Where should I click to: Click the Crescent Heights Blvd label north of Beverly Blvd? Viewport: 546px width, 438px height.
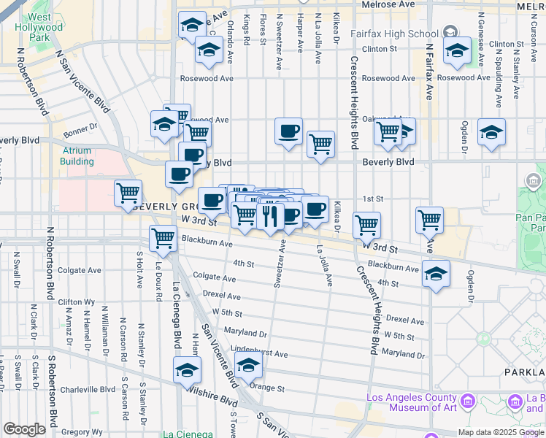(x=354, y=102)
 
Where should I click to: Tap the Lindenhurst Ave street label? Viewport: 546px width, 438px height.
(x=260, y=354)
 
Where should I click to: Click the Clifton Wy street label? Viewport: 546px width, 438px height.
(x=76, y=301)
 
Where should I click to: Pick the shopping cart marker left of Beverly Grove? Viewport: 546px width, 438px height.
(x=128, y=193)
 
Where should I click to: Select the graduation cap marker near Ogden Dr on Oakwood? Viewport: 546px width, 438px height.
(x=492, y=133)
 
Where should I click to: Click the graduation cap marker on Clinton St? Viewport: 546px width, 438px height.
(x=458, y=51)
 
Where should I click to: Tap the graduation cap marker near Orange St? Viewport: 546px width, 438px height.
(x=248, y=364)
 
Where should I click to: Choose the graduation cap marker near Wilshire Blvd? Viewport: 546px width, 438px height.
(x=187, y=370)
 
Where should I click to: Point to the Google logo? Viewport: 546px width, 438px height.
(x=24, y=429)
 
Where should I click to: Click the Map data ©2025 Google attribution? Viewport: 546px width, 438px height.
(x=500, y=432)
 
